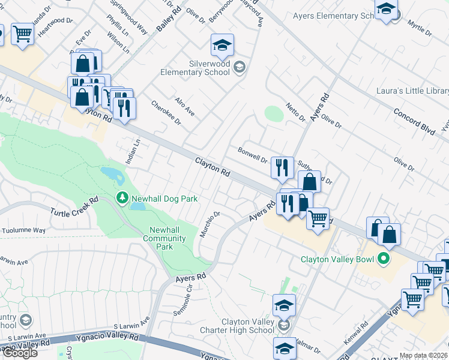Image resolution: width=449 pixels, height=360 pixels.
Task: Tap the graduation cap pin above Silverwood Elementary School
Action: pyautogui.click(x=222, y=46)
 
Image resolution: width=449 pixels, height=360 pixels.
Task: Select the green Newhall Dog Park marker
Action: pyautogui.click(x=122, y=197)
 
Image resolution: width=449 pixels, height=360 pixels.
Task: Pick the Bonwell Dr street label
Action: pyautogui.click(x=252, y=155)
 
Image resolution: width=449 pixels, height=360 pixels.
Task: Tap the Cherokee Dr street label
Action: pyautogui.click(x=166, y=112)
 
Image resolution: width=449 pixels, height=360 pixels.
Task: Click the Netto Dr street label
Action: pyautogui.click(x=295, y=112)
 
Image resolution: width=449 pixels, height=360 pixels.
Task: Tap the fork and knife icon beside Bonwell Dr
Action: pyautogui.click(x=282, y=167)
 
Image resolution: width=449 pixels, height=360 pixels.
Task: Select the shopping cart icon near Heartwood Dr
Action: pyautogui.click(x=22, y=34)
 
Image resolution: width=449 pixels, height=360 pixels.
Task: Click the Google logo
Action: pyautogui.click(x=20, y=353)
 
